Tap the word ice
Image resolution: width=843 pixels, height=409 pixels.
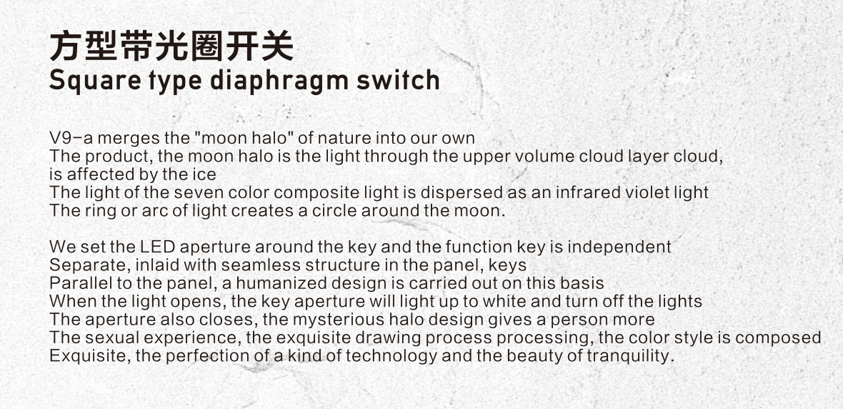click(x=205, y=174)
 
